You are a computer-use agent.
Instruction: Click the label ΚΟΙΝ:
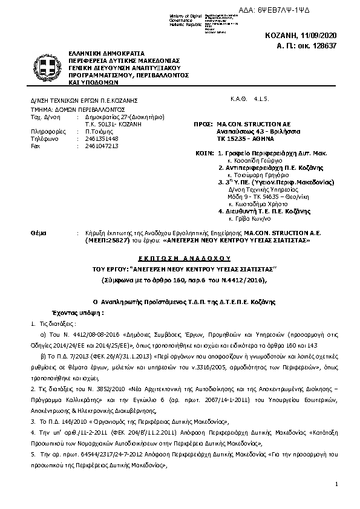tap(205, 154)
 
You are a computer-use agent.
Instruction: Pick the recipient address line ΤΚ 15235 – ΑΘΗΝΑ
tap(243, 138)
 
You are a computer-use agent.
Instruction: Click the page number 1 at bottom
tap(335, 485)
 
